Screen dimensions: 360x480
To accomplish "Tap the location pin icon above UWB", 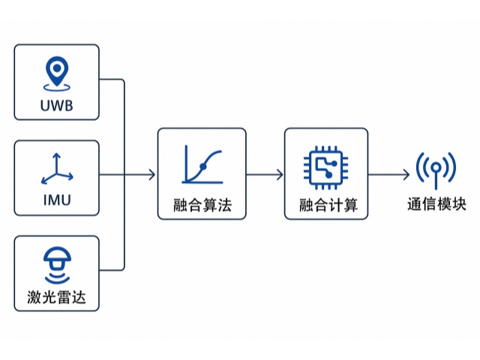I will coord(56,73).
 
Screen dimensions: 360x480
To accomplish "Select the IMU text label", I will coord(56,200).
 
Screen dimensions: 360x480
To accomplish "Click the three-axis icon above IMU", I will coord(56,169).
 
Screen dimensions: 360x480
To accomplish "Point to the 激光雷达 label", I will coord(56,296).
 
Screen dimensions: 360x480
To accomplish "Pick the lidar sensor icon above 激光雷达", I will coord(56,263).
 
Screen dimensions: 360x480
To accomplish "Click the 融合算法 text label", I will coord(202,205).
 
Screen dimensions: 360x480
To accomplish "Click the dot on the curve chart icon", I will coord(202,165).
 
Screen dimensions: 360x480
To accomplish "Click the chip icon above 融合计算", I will coord(326,166).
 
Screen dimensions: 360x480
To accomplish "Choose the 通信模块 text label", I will coord(436,205).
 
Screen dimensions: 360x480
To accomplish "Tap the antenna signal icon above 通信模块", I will coord(436,169).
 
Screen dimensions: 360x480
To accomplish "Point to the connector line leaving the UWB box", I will coord(112,79).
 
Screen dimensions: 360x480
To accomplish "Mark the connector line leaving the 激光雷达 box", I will coord(112,270).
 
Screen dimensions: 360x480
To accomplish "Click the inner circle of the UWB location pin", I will coord(56,70).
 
